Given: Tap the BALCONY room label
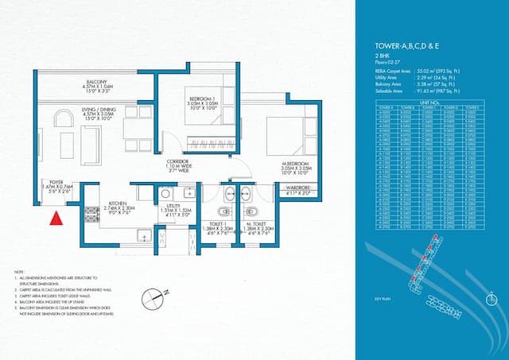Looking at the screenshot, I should click(x=97, y=83).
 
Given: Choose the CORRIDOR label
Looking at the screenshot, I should click(x=177, y=161).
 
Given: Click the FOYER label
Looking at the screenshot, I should click(x=56, y=182).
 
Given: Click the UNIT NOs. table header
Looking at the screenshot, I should click(x=429, y=101).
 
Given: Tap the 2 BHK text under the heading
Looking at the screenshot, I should click(x=382, y=56).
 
